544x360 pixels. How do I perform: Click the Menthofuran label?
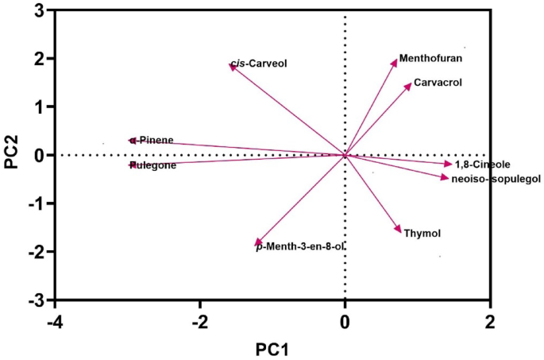point(430,58)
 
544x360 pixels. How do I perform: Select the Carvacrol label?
point(438,82)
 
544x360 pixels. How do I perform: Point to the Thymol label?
point(422,233)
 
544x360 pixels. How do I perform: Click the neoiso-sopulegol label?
point(496,179)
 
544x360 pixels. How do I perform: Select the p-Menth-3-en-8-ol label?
point(300,247)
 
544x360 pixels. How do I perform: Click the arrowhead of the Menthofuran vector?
point(395,61)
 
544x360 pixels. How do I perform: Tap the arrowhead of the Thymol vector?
point(399,230)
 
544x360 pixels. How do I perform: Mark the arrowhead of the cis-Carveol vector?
point(232,66)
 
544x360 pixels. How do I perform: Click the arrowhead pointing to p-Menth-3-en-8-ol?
point(257,243)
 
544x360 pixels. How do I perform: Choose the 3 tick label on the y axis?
point(39,10)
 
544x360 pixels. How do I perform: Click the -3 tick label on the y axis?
point(36,300)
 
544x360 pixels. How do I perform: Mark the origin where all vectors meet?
point(345,155)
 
